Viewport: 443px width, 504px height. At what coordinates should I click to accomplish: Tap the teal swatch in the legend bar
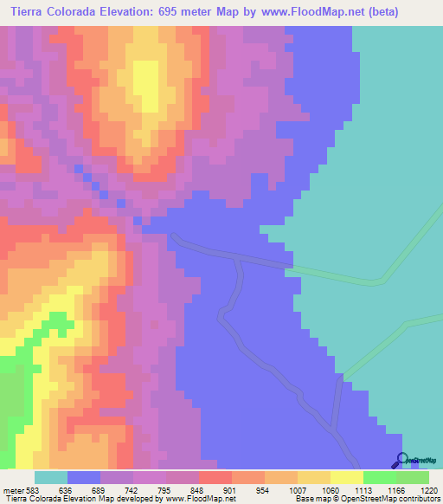click(x=51, y=477)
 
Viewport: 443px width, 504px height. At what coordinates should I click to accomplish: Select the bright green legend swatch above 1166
click(x=380, y=477)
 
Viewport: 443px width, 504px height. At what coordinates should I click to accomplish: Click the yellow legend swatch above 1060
click(x=314, y=477)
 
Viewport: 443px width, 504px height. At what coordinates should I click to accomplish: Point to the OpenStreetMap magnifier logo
click(x=400, y=460)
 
